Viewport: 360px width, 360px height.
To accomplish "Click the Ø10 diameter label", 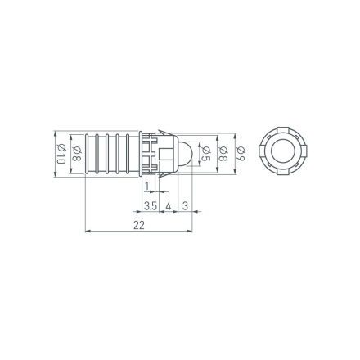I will (x=60, y=152).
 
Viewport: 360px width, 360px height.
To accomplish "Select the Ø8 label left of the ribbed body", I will (x=75, y=152).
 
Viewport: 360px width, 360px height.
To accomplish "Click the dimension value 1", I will (x=146, y=187).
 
